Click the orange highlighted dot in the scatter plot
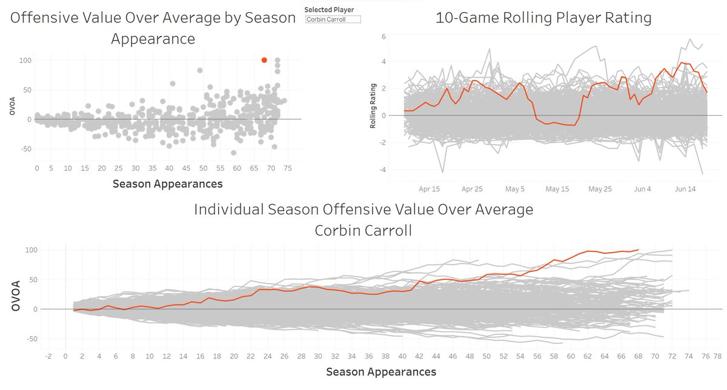[x=264, y=60]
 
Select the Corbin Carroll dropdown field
[x=333, y=19]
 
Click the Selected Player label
[x=329, y=10]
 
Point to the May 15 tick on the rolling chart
[x=557, y=189]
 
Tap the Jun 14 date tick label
[x=686, y=189]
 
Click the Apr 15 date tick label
[x=429, y=189]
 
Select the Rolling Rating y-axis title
[x=373, y=106]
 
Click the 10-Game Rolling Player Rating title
[x=543, y=18]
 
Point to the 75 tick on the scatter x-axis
[x=287, y=168]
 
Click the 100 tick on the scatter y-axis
[x=24, y=61]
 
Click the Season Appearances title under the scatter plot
[x=167, y=183]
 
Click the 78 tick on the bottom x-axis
[x=717, y=356]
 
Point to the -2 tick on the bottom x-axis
[x=48, y=356]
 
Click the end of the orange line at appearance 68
[x=638, y=250]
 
